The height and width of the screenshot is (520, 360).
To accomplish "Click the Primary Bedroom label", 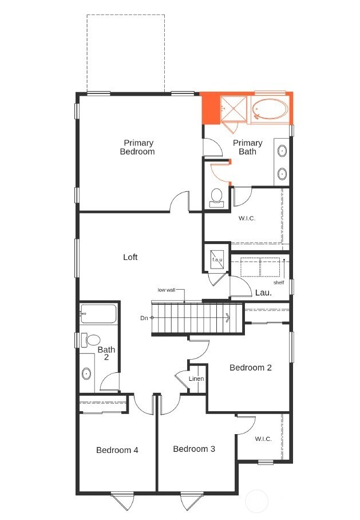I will pyautogui.click(x=138, y=147).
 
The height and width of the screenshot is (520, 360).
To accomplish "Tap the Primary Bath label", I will pyautogui.click(x=248, y=147).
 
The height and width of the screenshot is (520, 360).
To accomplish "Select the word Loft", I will pyautogui.click(x=130, y=257).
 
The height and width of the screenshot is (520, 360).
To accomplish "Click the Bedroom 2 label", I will pyautogui.click(x=251, y=367).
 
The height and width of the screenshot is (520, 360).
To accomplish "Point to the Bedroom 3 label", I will pyautogui.click(x=194, y=448).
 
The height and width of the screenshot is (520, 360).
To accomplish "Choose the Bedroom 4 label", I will pyautogui.click(x=117, y=450).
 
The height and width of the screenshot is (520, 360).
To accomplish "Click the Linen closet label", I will pyautogui.click(x=196, y=379).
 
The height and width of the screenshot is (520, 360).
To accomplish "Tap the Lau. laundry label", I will pyautogui.click(x=263, y=292).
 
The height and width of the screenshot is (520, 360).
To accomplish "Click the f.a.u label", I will pyautogui.click(x=217, y=261).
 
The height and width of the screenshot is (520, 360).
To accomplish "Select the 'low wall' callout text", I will pyautogui.click(x=166, y=290).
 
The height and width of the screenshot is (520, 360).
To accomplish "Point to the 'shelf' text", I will pyautogui.click(x=278, y=282).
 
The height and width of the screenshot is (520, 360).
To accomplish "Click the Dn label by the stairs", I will pyautogui.click(x=144, y=317).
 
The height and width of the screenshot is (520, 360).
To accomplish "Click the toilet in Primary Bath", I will pyautogui.click(x=216, y=196).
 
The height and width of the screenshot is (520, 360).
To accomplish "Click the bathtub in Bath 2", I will pyautogui.click(x=98, y=314).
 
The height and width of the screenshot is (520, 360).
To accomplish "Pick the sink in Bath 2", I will pyautogui.click(x=86, y=374).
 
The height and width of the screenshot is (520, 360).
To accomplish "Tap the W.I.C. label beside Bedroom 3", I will pyautogui.click(x=263, y=439).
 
